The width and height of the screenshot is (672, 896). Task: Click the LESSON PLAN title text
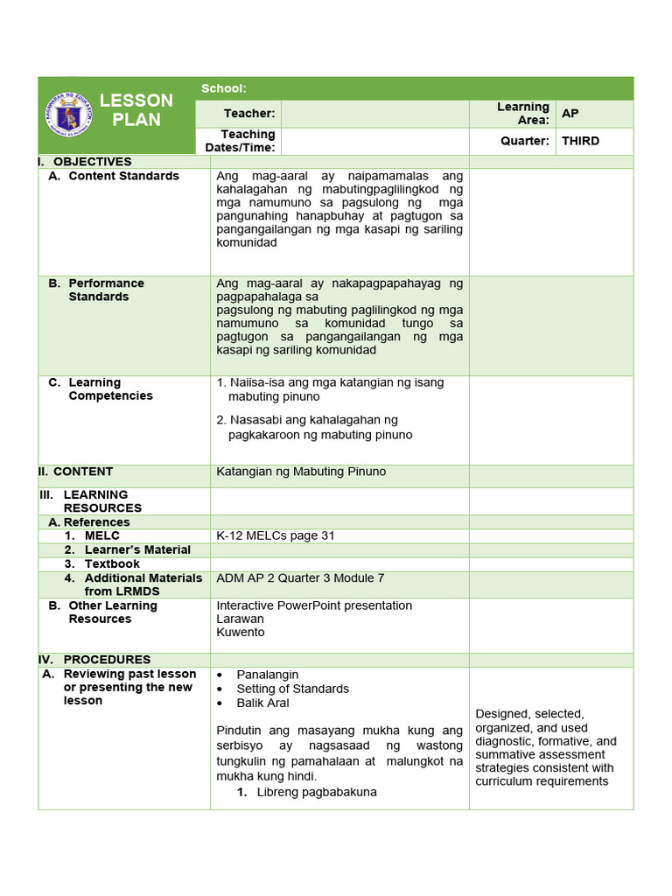136,110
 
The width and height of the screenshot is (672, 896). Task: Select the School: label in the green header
223,88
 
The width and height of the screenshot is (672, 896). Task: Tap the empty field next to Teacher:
374,114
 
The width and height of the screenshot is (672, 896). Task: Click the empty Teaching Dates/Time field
374,141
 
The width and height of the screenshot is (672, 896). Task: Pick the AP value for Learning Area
570,114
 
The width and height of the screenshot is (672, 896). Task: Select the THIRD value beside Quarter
580,141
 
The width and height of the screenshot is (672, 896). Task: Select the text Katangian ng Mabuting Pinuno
301,472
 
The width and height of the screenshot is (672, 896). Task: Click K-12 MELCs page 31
276,535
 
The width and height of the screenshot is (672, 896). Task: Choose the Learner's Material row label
136,549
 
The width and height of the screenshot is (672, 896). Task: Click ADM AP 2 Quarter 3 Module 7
300,578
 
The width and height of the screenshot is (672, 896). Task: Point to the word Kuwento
240,632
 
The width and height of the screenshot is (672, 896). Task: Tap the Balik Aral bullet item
262,703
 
